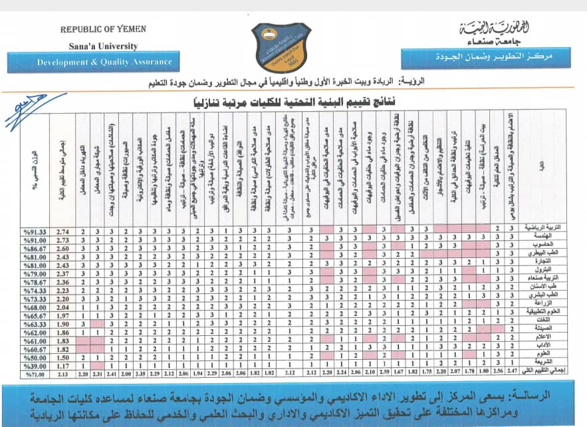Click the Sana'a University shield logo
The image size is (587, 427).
click(281, 47)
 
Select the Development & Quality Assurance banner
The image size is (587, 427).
click(104, 62)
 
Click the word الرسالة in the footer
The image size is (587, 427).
click(555, 397)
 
